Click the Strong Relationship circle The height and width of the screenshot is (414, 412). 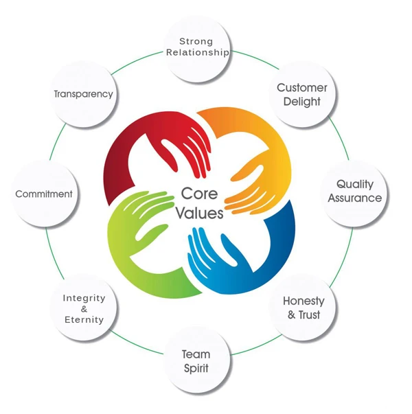(197, 46)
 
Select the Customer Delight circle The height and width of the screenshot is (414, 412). (301, 95)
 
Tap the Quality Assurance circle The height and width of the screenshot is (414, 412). (354, 191)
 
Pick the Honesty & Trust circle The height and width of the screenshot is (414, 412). (304, 308)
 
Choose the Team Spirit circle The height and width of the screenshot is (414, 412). (196, 361)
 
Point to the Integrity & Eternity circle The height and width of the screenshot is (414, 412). (84, 309)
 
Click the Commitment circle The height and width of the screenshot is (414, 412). (44, 194)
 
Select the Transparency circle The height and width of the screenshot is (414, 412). (83, 94)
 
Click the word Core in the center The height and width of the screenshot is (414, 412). (198, 194)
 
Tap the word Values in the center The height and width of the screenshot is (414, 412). (199, 214)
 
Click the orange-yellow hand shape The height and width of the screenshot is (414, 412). (254, 151)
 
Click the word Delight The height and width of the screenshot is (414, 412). (301, 102)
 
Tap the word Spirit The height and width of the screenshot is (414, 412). (196, 368)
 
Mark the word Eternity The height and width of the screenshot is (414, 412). (84, 320)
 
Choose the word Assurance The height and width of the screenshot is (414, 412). (354, 198)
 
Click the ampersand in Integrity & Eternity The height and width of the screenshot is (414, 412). (84, 309)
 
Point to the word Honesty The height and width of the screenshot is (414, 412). (304, 301)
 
